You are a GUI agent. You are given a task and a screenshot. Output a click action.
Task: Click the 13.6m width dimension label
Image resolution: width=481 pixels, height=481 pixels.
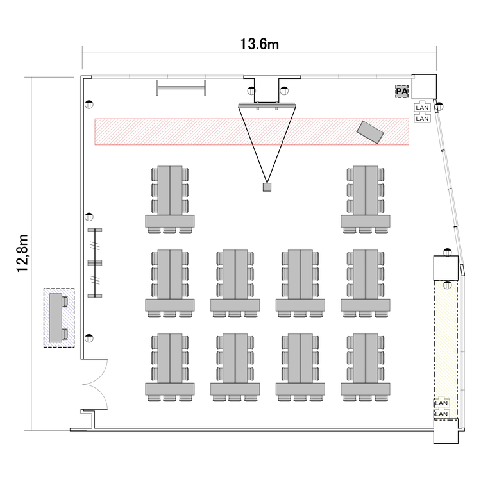[x=260, y=44]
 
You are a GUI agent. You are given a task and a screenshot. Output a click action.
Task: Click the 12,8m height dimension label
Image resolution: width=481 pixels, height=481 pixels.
[x=22, y=253]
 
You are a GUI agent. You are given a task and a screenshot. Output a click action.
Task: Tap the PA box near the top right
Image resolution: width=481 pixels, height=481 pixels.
[x=401, y=92]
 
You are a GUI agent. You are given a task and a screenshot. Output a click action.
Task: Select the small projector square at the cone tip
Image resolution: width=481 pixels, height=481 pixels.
[x=267, y=187]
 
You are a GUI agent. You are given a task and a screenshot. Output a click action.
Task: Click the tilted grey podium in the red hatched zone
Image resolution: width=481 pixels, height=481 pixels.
[x=370, y=132]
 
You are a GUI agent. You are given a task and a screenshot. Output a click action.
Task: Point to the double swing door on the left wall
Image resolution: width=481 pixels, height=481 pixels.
[x=95, y=384]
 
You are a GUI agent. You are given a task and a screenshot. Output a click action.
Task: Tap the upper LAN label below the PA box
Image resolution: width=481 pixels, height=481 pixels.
[x=423, y=108]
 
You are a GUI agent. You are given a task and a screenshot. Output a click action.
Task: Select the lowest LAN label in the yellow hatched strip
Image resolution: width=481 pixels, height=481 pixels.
[x=441, y=414]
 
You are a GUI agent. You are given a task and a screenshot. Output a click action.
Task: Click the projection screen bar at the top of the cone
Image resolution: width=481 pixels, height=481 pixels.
[x=267, y=105]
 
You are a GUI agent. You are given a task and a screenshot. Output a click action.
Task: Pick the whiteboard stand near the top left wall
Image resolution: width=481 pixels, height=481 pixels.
[x=181, y=87]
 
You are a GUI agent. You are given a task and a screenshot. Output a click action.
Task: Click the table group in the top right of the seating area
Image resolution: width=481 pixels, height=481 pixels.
[x=366, y=199]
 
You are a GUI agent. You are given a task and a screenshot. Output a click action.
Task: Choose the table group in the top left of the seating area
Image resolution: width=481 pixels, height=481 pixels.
[x=170, y=199]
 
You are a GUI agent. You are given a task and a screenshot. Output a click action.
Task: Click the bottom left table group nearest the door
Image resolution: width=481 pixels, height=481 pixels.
[x=170, y=367]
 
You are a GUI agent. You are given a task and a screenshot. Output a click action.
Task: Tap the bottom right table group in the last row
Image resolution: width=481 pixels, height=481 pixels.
[x=366, y=367]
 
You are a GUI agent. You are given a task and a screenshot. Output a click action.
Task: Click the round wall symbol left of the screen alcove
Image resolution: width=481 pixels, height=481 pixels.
[x=251, y=90]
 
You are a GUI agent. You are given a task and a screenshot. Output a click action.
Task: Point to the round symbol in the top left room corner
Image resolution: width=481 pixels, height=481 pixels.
[x=89, y=105]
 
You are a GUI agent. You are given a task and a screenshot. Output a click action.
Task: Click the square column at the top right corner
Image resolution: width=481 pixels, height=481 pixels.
[x=424, y=87]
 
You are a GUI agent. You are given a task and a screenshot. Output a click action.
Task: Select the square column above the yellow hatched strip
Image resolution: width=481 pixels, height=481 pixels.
[x=446, y=268]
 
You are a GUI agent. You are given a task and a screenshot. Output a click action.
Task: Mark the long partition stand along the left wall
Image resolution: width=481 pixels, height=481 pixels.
[x=95, y=263]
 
